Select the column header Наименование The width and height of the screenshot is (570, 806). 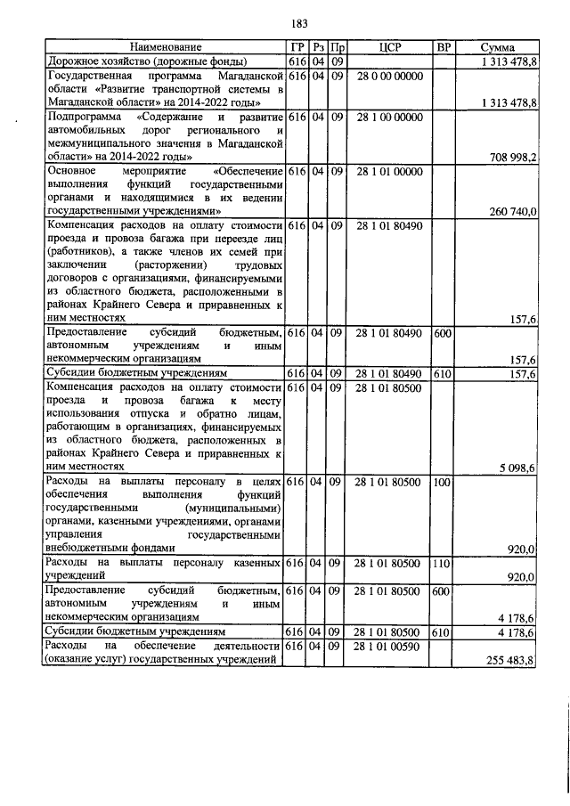[x=166, y=47]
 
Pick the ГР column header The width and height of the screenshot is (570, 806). [x=297, y=47]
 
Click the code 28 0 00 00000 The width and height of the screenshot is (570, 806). [x=389, y=77]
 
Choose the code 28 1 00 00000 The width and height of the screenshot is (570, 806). [x=389, y=117]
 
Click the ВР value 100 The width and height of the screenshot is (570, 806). [x=441, y=482]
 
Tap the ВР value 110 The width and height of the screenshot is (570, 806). [x=441, y=564]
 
